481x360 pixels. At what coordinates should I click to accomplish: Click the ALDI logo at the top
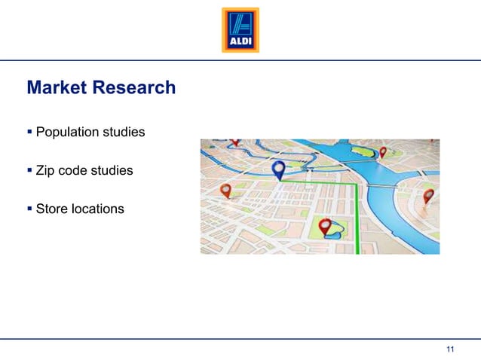[x=240, y=30]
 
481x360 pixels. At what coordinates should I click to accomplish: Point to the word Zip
[x=46, y=171]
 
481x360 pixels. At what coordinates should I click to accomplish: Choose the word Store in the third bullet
[x=52, y=209]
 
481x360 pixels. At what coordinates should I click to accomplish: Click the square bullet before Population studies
[x=29, y=133]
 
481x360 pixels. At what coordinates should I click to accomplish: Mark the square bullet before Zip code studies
[x=29, y=171]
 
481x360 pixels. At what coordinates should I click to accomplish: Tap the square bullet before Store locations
[x=29, y=209]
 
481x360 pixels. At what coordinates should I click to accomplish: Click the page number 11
[x=451, y=348]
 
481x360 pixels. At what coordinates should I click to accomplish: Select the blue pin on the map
[x=278, y=170]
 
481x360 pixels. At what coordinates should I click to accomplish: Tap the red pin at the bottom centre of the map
[x=326, y=226]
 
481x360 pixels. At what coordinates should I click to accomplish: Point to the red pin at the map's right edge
[x=428, y=197]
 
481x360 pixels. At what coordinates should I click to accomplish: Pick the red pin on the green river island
[x=382, y=151]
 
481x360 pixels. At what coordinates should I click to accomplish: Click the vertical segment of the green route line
[x=356, y=218]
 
